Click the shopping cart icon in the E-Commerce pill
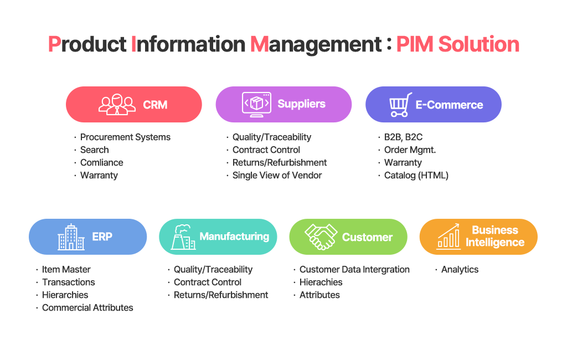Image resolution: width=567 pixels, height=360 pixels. [400, 105]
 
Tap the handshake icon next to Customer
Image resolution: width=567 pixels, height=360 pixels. [321, 236]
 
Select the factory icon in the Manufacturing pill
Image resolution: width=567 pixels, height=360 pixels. [183, 237]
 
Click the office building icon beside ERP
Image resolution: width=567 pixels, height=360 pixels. [71, 237]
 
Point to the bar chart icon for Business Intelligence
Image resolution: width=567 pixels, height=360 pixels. [449, 236]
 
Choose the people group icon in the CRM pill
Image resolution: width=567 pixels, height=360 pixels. [117, 105]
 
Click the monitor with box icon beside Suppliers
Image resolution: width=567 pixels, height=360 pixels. [256, 104]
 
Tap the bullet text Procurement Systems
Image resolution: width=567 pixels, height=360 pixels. [125, 137]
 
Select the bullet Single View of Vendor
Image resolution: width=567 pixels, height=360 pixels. [277, 176]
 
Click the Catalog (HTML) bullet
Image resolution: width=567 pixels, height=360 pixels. [416, 176]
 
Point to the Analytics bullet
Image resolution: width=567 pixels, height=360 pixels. [460, 270]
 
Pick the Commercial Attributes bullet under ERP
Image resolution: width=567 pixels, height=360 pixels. [87, 307]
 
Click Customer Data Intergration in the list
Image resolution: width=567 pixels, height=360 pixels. [354, 270]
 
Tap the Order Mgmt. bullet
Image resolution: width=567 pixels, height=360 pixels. [410, 150]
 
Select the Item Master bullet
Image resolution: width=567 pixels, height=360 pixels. [66, 270]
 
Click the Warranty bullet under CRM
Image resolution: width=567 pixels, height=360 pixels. [99, 176]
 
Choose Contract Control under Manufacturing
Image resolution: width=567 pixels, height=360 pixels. [208, 282]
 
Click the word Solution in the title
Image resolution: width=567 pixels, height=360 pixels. [479, 44]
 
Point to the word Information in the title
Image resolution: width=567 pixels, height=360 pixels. [188, 44]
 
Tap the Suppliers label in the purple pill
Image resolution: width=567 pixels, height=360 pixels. [302, 104]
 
